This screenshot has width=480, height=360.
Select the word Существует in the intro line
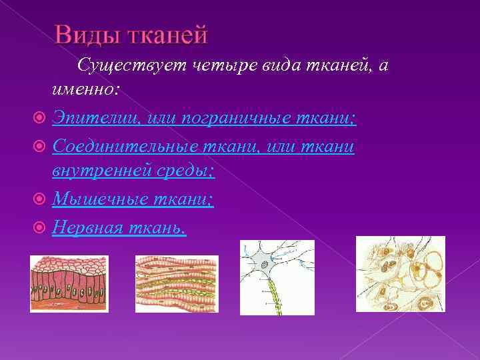click(x=132, y=65)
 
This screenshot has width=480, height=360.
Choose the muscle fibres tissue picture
click(x=177, y=283)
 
